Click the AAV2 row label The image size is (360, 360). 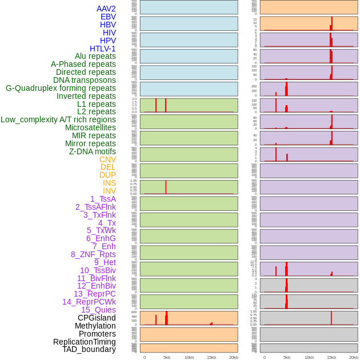click(106, 9)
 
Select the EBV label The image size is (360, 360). click(108, 17)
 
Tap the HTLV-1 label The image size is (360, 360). click(103, 49)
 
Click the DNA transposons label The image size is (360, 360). click(85, 80)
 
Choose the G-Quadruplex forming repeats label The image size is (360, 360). click(61, 88)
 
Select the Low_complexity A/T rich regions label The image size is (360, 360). click(58, 119)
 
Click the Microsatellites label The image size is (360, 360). click(90, 127)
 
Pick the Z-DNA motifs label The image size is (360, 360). click(93, 151)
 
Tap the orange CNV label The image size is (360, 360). click(107, 159)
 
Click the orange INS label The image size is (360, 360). click(109, 183)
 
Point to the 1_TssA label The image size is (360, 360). click(103, 199)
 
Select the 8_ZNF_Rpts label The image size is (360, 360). click(93, 254)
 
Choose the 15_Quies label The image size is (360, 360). click(98, 310)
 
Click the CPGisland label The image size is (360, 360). click(97, 318)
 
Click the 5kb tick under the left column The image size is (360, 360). click(167, 357)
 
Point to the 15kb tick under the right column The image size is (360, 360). click(331, 357)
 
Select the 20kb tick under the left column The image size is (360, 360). click(233, 357)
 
